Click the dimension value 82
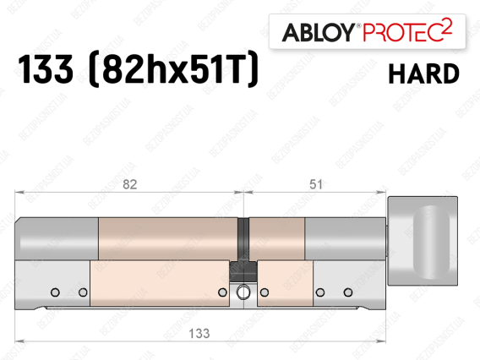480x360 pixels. click(x=129, y=184)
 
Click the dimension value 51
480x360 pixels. click(x=315, y=184)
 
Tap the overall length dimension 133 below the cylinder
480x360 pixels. click(x=199, y=333)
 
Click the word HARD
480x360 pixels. click(x=423, y=74)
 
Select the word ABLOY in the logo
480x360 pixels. click(x=318, y=32)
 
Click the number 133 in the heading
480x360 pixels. click(x=46, y=69)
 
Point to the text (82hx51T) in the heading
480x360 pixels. click(x=173, y=69)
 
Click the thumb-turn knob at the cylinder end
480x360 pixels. click(x=423, y=241)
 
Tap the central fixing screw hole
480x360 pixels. click(x=243, y=292)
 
